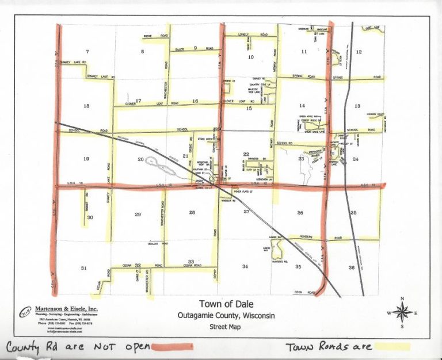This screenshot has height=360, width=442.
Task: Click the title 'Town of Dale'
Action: (x=226, y=304)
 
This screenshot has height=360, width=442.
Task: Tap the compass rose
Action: (x=402, y=312)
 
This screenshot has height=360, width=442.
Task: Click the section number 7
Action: (x=87, y=52)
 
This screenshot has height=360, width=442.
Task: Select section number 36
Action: (x=351, y=267)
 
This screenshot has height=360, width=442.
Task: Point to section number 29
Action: (x=138, y=215)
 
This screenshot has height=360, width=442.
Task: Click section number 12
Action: (x=359, y=52)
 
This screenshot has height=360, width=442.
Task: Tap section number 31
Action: (x=84, y=268)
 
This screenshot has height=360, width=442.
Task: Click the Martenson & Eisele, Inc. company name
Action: (x=66, y=309)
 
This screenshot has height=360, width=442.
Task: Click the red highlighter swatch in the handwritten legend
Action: (x=171, y=346)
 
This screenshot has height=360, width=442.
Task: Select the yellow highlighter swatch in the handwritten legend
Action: (x=391, y=346)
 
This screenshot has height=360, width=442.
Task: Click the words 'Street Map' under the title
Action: (x=226, y=327)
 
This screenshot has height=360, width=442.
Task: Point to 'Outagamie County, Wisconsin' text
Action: (x=226, y=316)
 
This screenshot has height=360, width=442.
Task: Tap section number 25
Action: (x=353, y=213)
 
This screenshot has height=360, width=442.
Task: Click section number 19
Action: (x=86, y=159)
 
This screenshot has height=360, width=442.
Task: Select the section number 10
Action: (x=250, y=58)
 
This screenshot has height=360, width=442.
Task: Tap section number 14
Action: (x=302, y=106)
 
